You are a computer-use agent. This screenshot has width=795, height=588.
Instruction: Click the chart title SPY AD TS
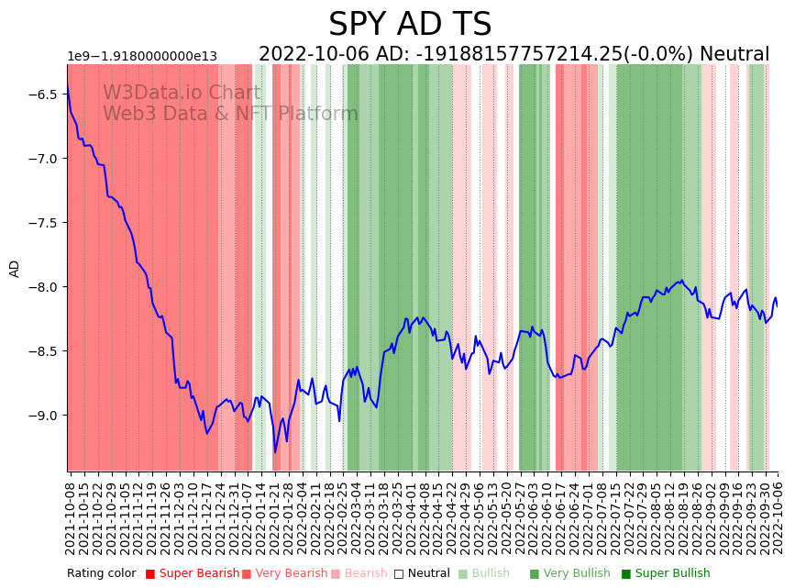pyautogui.click(x=410, y=25)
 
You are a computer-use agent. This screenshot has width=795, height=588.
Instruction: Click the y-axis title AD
pyautogui.click(x=15, y=268)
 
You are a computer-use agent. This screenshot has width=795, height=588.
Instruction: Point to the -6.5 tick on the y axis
pyautogui.click(x=45, y=94)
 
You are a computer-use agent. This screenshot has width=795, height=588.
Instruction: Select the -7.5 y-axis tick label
pyautogui.click(x=45, y=223)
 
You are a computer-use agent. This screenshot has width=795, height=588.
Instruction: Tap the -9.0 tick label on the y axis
pyautogui.click(x=45, y=416)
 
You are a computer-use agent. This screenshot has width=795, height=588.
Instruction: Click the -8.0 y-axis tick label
pyautogui.click(x=45, y=287)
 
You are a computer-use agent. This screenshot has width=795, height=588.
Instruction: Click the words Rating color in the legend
pyautogui.click(x=102, y=573)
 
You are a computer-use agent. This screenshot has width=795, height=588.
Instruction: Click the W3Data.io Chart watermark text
pyautogui.click(x=182, y=93)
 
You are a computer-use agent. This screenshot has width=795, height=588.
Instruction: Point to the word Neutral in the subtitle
pyautogui.click(x=734, y=54)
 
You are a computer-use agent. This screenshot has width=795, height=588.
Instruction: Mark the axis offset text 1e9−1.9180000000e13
pyautogui.click(x=142, y=57)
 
